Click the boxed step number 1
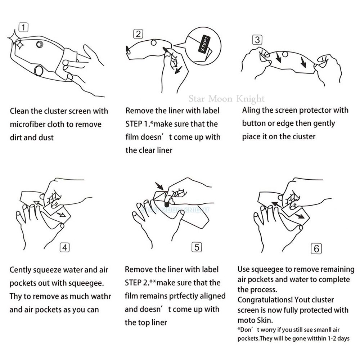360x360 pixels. pyautogui.click(x=23, y=27)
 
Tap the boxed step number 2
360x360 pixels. pyautogui.click(x=138, y=34)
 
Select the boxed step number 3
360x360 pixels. pyautogui.click(x=257, y=40)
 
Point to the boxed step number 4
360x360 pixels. pyautogui.click(x=64, y=248)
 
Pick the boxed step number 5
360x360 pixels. pyautogui.click(x=197, y=247)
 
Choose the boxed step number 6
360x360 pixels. pyautogui.click(x=316, y=249)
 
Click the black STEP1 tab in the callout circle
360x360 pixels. pyautogui.click(x=204, y=44)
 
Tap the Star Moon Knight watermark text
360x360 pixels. pyautogui.click(x=226, y=99)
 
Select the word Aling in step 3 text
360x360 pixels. pyautogui.click(x=251, y=111)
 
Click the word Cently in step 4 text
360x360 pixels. pyautogui.click(x=20, y=270)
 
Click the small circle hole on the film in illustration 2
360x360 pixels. pyautogui.click(x=154, y=43)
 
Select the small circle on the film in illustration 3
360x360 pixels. pyautogui.click(x=285, y=54)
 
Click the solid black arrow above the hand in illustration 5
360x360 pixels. pyautogui.click(x=159, y=186)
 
